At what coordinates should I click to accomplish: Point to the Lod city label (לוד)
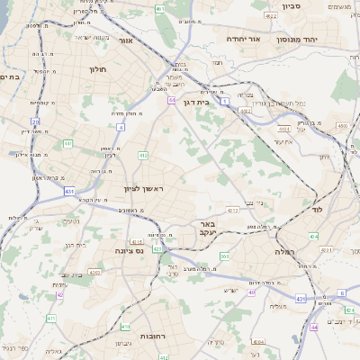point(316,209)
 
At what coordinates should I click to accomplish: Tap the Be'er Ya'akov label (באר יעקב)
point(207,227)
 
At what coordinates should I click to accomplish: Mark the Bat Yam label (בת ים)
point(10,77)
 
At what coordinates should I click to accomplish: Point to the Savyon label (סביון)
point(316,5)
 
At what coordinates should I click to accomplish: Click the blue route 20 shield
point(35,121)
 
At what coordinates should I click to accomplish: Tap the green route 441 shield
point(67,143)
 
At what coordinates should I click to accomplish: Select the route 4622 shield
point(271,16)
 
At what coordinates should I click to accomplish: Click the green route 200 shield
point(225,256)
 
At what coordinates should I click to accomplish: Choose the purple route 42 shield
point(60,294)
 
